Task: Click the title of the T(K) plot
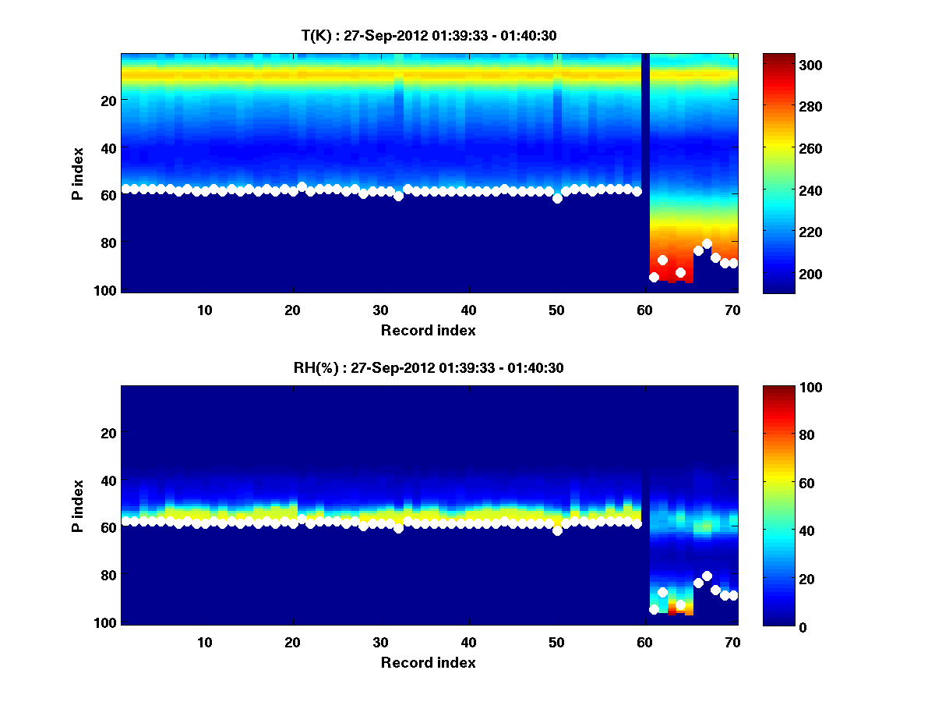click(x=429, y=35)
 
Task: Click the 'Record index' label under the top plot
click(x=429, y=330)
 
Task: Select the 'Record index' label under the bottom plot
click(x=429, y=662)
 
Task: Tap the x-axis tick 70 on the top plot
click(x=732, y=310)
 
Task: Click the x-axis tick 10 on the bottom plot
click(x=204, y=642)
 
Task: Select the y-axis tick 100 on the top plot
click(x=107, y=290)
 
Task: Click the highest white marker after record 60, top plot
click(x=707, y=244)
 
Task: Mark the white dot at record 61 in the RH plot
click(x=654, y=609)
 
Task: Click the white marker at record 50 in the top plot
click(x=557, y=198)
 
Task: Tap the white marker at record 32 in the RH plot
click(x=398, y=528)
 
